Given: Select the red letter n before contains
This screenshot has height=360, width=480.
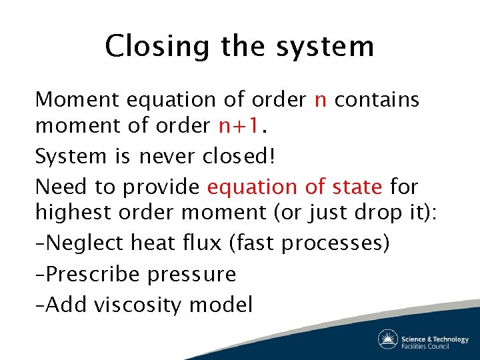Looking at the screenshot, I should coord(320,100).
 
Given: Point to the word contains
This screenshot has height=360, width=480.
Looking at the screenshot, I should coord(377,100).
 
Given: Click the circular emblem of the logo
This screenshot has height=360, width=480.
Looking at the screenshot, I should coord(388,339).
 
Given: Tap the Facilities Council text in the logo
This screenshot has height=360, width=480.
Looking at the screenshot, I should coord(435,346).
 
